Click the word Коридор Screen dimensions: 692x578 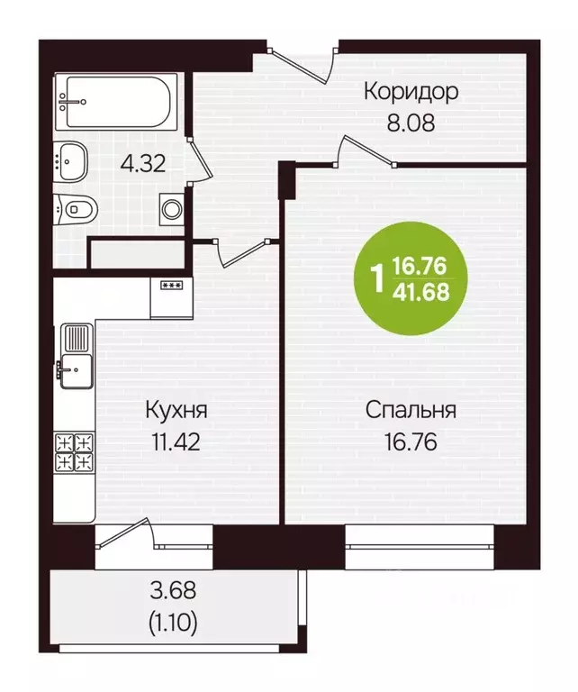pyautogui.click(x=411, y=92)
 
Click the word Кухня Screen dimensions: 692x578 pyautogui.click(x=176, y=411)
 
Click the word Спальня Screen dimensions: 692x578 pyautogui.click(x=411, y=411)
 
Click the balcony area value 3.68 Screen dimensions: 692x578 pyautogui.click(x=176, y=592)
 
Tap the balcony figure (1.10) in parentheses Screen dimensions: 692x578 pyautogui.click(x=176, y=621)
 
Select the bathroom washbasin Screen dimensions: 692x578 pyautogui.click(x=71, y=162)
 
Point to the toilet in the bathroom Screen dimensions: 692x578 pyautogui.click(x=74, y=210)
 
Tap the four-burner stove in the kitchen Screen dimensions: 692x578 pyautogui.click(x=76, y=451)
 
